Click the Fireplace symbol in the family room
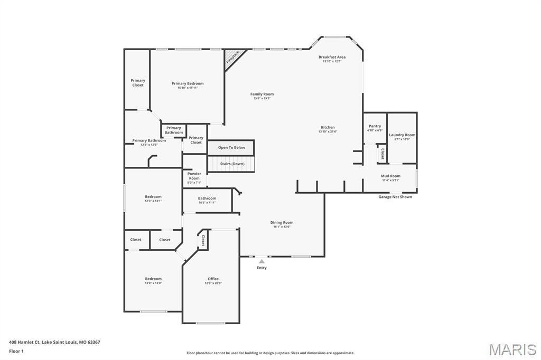232,57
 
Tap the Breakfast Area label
332,57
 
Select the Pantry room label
375,126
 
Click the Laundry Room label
402,135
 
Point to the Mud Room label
390,176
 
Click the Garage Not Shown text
395,197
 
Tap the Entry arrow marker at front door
262,261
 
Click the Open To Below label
231,148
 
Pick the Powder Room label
194,176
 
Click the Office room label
213,279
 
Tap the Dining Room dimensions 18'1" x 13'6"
282,227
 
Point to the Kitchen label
328,127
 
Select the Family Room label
262,94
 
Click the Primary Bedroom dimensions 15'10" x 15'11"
188,88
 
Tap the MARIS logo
512,349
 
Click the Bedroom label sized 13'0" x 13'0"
153,279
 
